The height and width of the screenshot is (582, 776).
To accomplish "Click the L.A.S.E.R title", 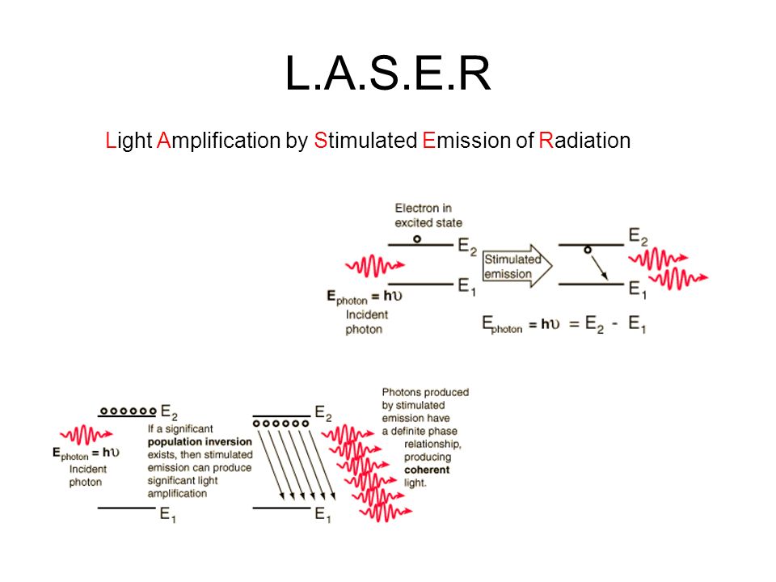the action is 388,74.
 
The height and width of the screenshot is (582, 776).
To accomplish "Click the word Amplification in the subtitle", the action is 219,141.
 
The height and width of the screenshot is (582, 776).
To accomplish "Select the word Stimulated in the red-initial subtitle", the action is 365,141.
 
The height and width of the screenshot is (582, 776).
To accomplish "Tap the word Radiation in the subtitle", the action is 584,141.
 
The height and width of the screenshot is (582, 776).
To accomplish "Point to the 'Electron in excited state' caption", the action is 428,215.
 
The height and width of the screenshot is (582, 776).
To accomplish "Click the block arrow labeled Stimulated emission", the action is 517,266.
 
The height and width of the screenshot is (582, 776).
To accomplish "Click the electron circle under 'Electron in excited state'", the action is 417,239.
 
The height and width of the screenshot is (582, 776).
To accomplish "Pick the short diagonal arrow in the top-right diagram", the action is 599,267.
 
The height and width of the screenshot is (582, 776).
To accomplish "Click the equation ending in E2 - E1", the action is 564,324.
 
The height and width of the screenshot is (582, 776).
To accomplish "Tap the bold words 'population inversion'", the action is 200,441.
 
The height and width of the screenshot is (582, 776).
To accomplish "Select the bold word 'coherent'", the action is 427,470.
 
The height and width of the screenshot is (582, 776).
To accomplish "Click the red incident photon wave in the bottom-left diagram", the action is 86,435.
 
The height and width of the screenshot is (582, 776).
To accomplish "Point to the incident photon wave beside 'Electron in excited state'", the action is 375,266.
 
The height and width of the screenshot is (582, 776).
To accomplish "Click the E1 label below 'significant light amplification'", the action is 168,515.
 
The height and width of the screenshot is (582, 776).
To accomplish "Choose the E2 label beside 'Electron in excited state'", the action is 467,246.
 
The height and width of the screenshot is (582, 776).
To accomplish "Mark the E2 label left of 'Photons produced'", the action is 323,413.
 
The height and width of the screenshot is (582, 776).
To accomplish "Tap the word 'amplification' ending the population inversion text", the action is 177,493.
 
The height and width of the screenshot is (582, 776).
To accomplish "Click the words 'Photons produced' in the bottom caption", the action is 425,393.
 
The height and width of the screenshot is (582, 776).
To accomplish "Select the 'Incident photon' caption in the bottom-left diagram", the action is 87,475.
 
